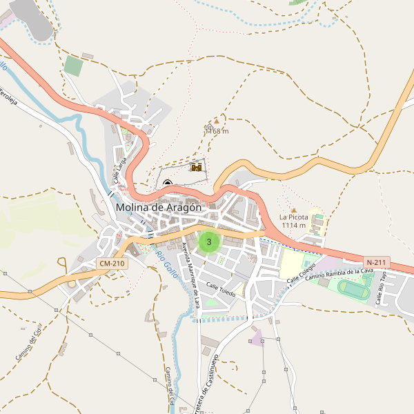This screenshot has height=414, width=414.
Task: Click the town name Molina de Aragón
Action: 159,207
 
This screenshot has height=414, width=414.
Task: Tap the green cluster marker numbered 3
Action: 209,242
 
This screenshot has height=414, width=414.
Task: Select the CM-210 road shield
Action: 112,264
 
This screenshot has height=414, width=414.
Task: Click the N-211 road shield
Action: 377,262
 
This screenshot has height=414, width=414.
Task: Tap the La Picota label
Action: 293,217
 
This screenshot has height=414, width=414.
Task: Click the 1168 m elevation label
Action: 217,131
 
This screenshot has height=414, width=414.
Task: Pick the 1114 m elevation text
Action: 293,225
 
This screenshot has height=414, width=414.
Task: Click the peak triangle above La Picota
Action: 293,210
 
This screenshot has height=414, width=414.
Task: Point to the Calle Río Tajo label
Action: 380,288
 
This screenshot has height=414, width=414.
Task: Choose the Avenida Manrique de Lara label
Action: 191,274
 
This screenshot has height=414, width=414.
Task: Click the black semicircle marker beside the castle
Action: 168,183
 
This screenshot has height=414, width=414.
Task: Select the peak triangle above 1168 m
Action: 216,121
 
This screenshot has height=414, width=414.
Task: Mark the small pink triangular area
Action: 257,338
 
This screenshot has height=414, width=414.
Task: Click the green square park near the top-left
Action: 73,66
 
